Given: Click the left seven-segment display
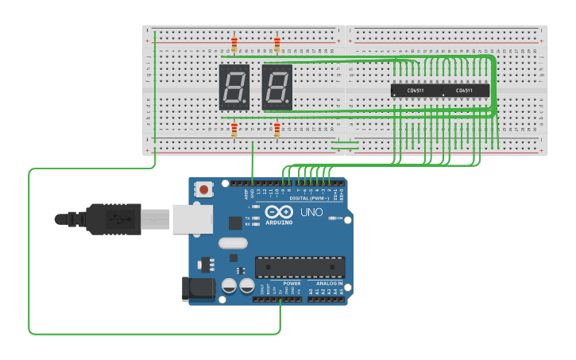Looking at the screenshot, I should click(234, 87).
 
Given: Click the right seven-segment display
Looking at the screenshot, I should click(276, 87).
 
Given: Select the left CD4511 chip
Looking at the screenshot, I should click(415, 91).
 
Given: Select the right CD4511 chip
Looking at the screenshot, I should click(464, 91).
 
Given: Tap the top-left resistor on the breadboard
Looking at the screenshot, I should click(234, 43).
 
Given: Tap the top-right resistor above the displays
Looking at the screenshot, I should click(276, 43).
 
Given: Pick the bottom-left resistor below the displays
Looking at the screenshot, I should click(234, 130).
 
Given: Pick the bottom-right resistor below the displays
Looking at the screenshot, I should click(276, 130).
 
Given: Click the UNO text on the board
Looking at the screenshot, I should click(311, 212).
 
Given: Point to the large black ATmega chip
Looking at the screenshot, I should click(300, 268).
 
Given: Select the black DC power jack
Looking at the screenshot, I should click(199, 288).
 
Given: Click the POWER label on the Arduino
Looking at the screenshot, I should click(292, 283).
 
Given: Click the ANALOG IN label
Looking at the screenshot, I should click(329, 283).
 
